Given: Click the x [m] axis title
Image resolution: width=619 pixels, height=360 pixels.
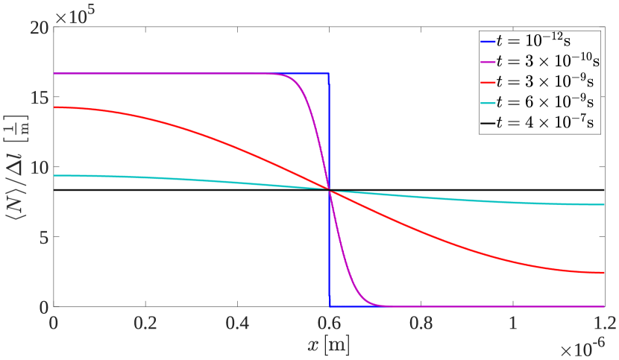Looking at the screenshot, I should (x=329, y=345).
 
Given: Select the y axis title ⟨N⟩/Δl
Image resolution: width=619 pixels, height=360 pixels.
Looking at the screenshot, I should (x=16, y=168).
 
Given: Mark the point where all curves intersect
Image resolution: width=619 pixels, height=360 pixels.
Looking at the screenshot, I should (x=329, y=191).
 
